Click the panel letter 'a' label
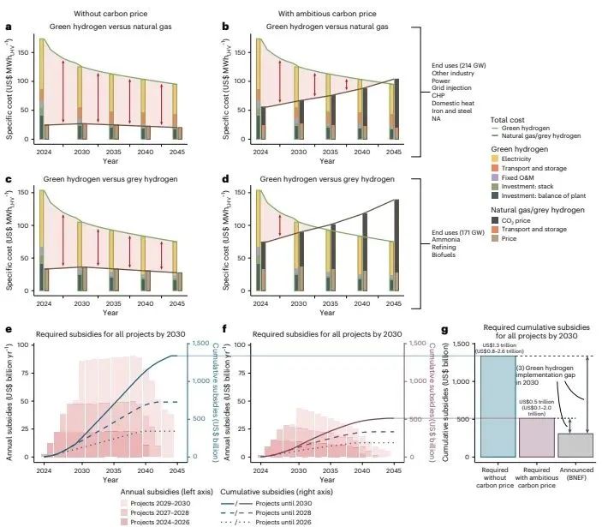tap(9, 27)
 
